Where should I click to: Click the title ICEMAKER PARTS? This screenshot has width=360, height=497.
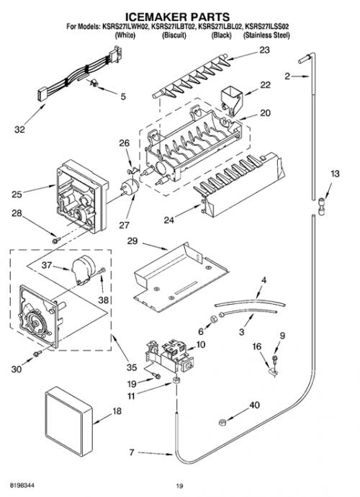pyautogui.click(x=177, y=17)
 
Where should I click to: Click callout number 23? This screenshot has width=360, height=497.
pyautogui.click(x=265, y=50)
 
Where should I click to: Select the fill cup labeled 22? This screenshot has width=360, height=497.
pyautogui.click(x=231, y=99)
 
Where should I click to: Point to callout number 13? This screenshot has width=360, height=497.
pyautogui.click(x=335, y=174)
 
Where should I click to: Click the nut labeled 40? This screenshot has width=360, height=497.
pyautogui.click(x=222, y=422)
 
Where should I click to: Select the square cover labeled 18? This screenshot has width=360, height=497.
pyautogui.click(x=69, y=421)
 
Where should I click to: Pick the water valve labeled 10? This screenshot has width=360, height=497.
pyautogui.click(x=168, y=356)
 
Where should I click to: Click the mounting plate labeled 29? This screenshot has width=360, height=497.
pyautogui.click(x=181, y=277)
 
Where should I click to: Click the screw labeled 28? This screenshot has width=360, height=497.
pyautogui.click(x=56, y=241)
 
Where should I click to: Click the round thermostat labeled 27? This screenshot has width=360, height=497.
pyautogui.click(x=131, y=187)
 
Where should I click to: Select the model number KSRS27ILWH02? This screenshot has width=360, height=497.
pyautogui.click(x=125, y=27)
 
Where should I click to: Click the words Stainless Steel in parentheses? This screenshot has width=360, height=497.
pyautogui.click(x=266, y=35)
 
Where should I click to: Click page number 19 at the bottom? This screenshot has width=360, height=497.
pyautogui.click(x=180, y=485)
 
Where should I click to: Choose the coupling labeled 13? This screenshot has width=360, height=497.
pyautogui.click(x=320, y=206)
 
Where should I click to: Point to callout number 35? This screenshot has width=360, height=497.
pyautogui.click(x=132, y=367)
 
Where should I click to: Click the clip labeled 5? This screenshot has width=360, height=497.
pyautogui.click(x=94, y=83)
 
